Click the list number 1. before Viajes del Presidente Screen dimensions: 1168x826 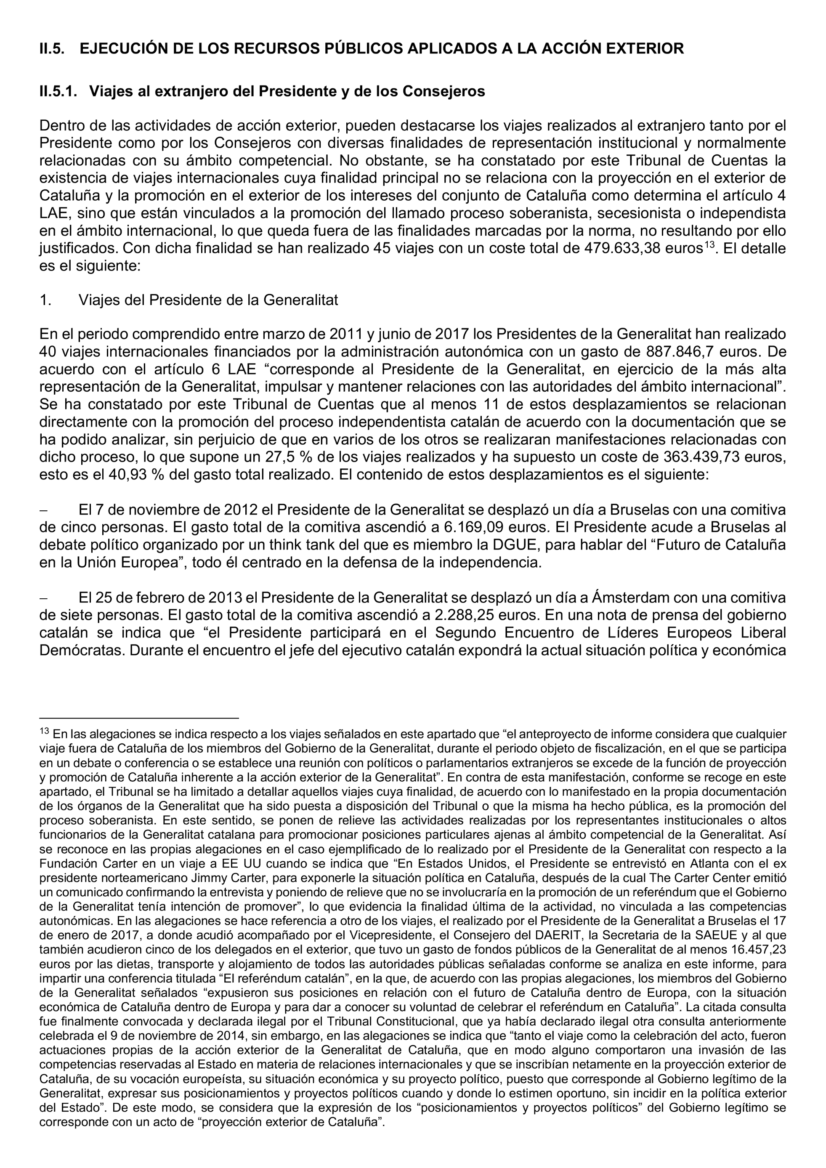(45, 300)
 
